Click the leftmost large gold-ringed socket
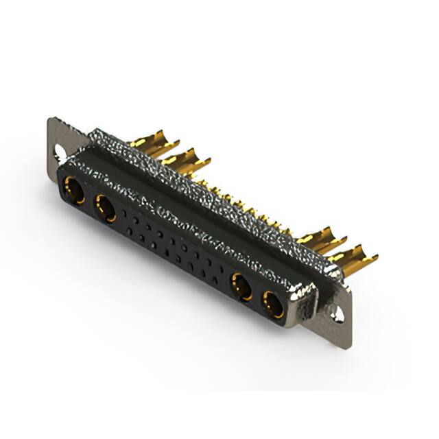pos(73,190)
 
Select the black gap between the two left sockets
pos(89,199)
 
